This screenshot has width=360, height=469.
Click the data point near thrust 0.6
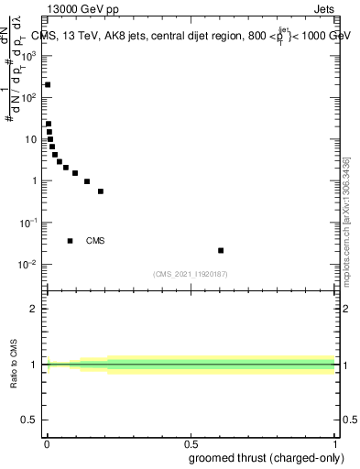click(221, 250)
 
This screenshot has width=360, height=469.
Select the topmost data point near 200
click(48, 84)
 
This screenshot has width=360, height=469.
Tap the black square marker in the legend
click(70, 241)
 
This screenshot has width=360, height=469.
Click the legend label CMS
click(95, 241)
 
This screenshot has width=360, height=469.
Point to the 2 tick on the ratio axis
click(34, 309)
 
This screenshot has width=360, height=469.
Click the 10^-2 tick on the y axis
click(28, 265)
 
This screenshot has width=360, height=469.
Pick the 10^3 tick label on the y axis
click(29, 56)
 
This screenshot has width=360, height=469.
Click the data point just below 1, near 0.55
click(101, 191)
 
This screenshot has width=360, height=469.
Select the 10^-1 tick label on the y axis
click(28, 223)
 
